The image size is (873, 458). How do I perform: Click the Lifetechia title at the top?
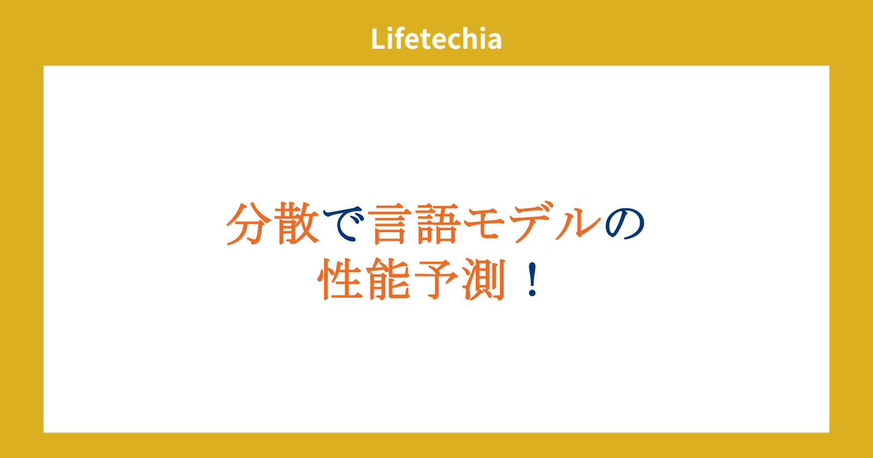436,38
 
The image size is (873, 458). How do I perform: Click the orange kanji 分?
249,224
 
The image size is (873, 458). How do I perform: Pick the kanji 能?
388,279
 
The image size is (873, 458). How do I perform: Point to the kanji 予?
436,279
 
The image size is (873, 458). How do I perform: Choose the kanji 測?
484,279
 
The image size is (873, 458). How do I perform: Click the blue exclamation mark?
533,279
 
